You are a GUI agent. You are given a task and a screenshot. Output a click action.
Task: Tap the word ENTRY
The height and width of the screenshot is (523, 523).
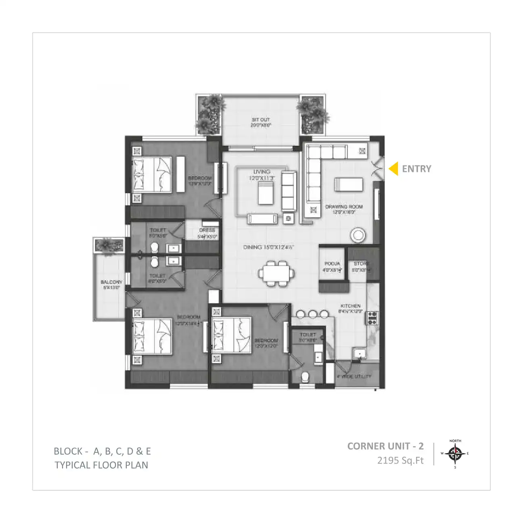point(416,169)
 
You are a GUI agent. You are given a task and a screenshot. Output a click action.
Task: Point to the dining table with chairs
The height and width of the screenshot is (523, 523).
point(274,273)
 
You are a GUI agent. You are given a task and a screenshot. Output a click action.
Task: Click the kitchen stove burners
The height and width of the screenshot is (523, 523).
point(372,318)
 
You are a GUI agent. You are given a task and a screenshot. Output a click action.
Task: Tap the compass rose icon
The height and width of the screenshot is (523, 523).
point(455,454)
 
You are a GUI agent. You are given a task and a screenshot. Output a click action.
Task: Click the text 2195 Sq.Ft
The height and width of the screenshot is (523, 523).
point(400,460)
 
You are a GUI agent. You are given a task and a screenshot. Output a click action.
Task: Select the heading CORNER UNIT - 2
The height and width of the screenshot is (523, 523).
point(385,446)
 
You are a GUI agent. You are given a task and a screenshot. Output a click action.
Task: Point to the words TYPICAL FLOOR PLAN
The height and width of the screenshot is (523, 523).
point(101,465)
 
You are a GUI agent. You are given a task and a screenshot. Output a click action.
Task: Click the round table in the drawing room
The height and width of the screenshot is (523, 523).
point(358,235)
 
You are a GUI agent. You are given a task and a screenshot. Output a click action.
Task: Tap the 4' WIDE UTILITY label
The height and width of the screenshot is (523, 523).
point(354,377)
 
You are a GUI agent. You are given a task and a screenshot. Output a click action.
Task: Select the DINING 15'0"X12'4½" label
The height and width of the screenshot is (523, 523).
point(268,247)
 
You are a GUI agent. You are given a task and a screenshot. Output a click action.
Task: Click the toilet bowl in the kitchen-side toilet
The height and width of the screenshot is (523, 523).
point(306,377)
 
